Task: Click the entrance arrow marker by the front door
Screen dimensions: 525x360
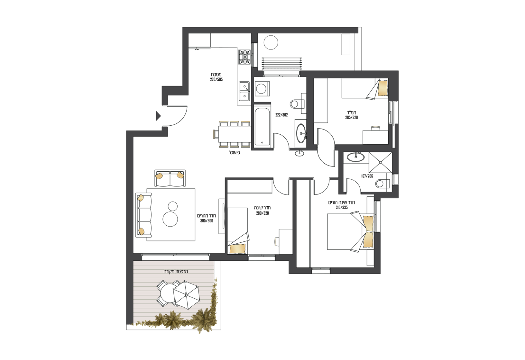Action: (159, 116)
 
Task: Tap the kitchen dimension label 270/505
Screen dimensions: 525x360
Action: (216, 80)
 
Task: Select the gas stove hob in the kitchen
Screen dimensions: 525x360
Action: (245, 57)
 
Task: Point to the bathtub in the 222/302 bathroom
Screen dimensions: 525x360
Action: (262, 126)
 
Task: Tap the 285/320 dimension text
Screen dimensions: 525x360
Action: (351, 118)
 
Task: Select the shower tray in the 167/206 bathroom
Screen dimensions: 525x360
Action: (380, 162)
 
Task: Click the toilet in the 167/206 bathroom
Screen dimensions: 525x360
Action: (382, 184)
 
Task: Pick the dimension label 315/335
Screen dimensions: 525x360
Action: (342, 208)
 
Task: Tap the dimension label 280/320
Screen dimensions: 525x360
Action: (262, 213)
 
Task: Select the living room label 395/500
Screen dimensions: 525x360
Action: (207, 221)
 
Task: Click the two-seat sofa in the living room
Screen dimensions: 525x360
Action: (170, 178)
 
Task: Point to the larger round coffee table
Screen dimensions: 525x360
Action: (170, 219)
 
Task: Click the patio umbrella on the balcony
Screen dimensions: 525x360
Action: (186, 294)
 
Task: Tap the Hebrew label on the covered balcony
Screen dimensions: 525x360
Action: (176, 272)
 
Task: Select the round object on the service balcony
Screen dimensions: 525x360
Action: (271, 42)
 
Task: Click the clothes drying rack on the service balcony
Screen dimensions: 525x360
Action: (281, 63)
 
